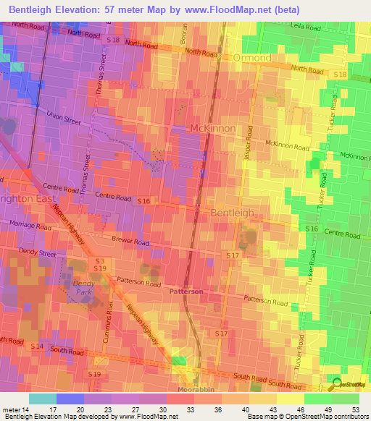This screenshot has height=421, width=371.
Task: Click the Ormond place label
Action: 251,57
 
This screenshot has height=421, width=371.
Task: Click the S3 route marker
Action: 99,260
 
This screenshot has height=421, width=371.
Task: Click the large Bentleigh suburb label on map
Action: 233,213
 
